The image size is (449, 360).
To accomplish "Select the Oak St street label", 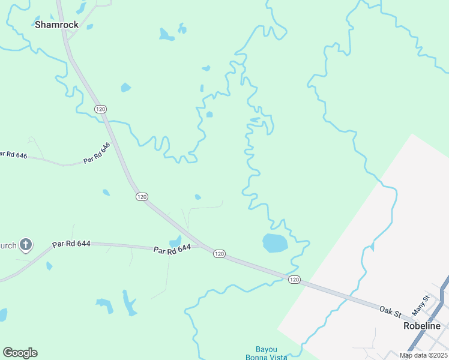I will (x=390, y=310).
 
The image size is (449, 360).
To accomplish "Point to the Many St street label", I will (x=421, y=306).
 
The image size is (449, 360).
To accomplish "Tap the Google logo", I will (x=20, y=353).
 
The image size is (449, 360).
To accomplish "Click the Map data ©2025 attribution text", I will (x=423, y=355).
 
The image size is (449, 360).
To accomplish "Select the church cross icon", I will (x=25, y=244).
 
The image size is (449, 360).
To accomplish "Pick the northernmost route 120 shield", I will (x=100, y=109).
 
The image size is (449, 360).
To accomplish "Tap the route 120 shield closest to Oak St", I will (x=294, y=280).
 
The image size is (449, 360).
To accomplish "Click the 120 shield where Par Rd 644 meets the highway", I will (x=219, y=254).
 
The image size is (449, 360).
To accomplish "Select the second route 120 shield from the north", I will (x=142, y=197).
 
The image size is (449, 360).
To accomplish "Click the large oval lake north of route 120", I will (x=275, y=243).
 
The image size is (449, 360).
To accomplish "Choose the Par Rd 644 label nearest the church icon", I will (x=71, y=244).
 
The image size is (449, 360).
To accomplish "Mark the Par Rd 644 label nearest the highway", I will (x=172, y=249).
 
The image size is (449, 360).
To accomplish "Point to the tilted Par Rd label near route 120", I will (x=97, y=154).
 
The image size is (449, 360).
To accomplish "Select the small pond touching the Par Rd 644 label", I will (x=176, y=241).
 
